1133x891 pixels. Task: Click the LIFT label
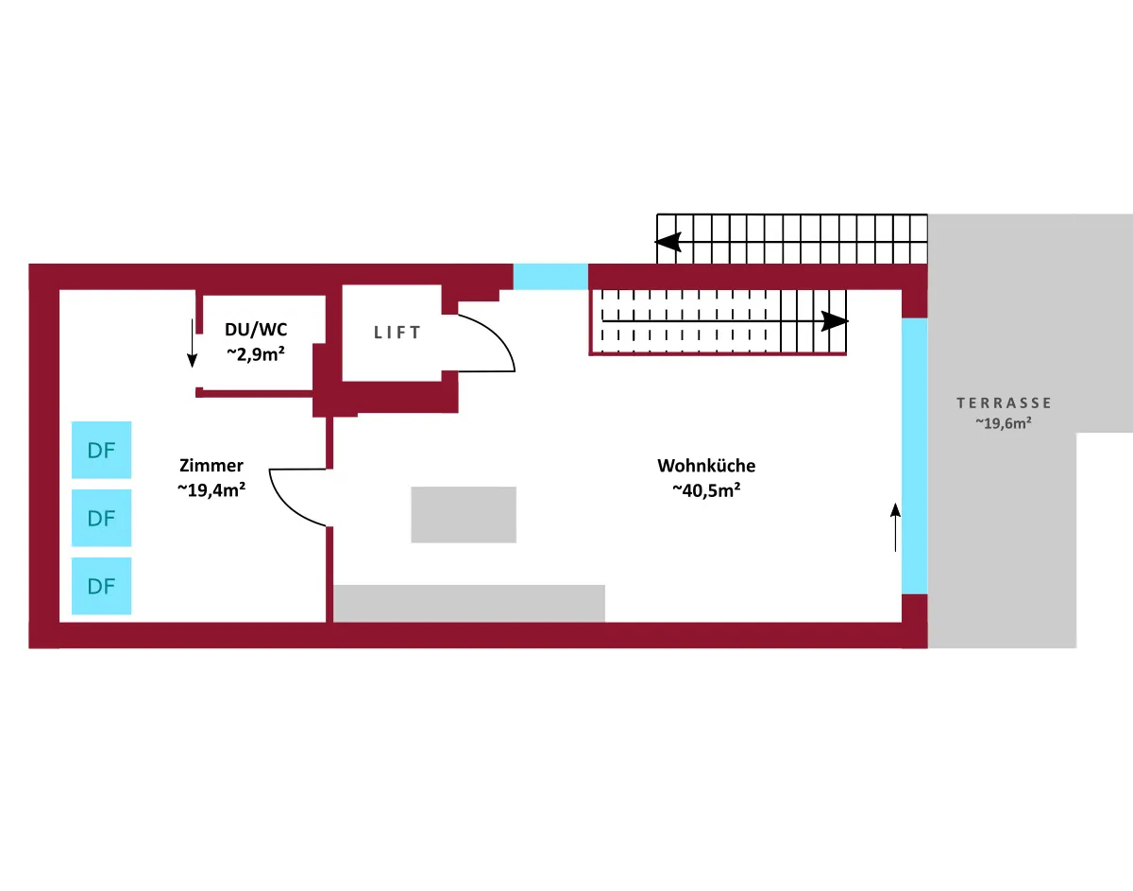tap(397, 333)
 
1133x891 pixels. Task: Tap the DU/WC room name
tap(257, 330)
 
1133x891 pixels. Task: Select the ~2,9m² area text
tap(256, 352)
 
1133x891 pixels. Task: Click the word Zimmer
tap(211, 466)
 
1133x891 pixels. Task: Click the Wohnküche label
tap(706, 466)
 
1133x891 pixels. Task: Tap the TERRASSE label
tap(1004, 403)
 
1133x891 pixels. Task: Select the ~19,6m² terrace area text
tap(1003, 424)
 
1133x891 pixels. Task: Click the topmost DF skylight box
tap(102, 450)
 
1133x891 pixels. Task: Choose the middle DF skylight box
tap(102, 518)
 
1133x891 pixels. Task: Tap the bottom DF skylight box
tap(102, 586)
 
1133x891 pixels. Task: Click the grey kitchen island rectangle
tap(464, 515)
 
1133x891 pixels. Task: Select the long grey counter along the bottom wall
tap(469, 604)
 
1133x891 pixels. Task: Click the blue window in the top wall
tap(550, 276)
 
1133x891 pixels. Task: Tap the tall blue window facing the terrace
tap(914, 455)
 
